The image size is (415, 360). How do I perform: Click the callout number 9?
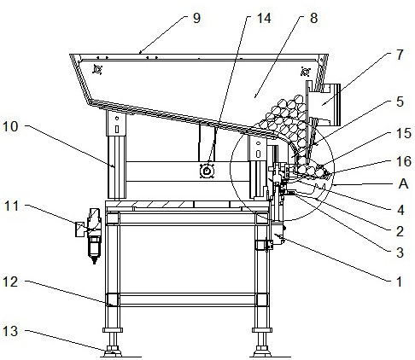pos(196,18)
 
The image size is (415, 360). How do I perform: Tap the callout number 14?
pos(264,18)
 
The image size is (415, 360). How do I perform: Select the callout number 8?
pos(313,18)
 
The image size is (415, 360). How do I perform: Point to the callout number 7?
pos(400,55)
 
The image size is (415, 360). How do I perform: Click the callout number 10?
pos(10,126)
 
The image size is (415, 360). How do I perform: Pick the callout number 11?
pos(11,206)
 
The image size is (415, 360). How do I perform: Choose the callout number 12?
pos(10,282)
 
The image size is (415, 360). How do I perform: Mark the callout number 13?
pos(10,331)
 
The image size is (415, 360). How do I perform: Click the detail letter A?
pos(403,184)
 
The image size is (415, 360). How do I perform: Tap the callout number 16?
pos(404,161)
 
